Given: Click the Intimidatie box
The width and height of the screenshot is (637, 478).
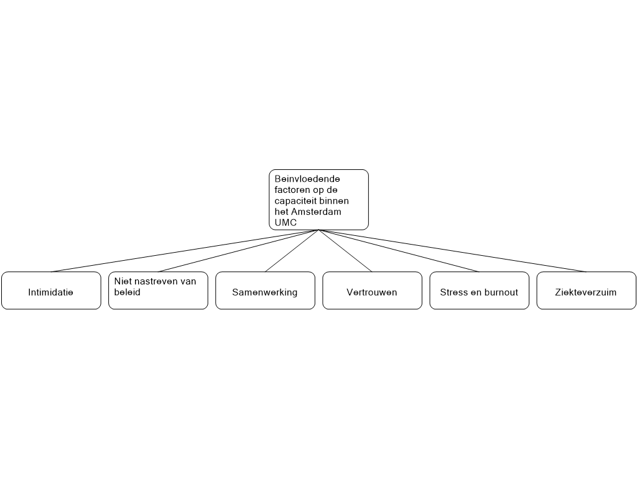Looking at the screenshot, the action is click(51, 290).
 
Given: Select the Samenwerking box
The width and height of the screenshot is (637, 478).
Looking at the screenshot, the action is click(265, 290).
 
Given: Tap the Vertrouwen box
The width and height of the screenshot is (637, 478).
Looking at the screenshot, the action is click(372, 290).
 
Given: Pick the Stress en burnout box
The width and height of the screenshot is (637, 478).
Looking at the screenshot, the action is click(480, 290).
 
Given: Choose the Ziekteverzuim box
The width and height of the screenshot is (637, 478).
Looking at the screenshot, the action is click(586, 290).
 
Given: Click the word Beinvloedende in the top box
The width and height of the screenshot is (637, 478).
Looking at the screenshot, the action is click(307, 179).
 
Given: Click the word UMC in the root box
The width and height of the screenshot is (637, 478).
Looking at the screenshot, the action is click(286, 223).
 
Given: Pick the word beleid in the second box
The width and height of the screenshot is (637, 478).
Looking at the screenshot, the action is click(127, 293).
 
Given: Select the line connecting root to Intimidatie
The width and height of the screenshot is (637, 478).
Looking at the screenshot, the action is click(185, 251).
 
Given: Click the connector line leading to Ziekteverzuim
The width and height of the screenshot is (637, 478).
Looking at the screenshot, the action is click(453, 251).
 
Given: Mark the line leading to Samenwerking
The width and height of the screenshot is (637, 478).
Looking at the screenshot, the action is click(292, 251).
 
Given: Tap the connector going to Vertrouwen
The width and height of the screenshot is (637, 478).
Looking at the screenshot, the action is click(345, 251).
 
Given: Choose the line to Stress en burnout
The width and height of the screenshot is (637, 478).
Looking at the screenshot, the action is click(399, 251).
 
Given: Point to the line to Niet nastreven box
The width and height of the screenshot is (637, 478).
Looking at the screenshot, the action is click(238, 251).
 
